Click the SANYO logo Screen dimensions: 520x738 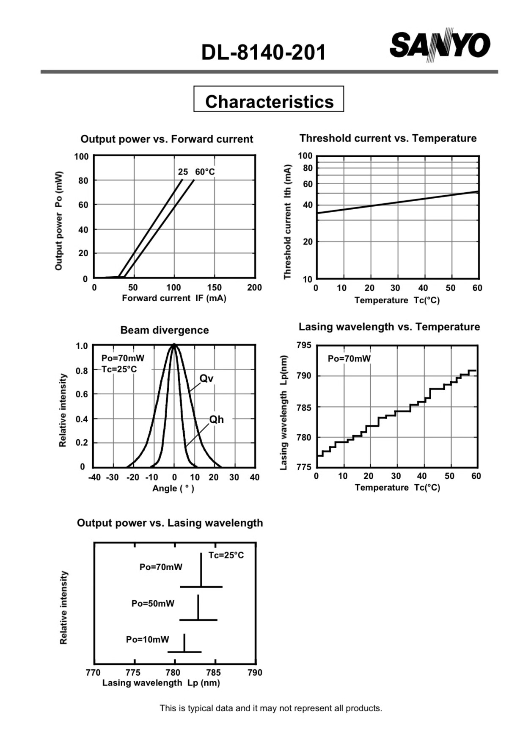click(x=440, y=45)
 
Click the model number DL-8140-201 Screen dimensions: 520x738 click(x=264, y=53)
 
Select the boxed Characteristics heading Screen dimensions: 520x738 click(x=269, y=99)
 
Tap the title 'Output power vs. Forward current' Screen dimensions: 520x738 click(x=167, y=139)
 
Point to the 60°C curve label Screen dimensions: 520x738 click(x=205, y=172)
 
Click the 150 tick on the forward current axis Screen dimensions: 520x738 click(x=214, y=287)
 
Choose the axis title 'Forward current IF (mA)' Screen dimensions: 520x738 click(x=174, y=298)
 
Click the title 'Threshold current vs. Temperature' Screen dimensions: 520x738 click(x=388, y=138)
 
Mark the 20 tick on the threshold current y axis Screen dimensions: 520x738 click(x=308, y=241)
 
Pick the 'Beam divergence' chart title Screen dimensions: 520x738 click(x=165, y=330)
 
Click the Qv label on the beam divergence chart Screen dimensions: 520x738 click(x=206, y=378)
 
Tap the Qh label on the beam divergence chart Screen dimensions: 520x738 click(x=216, y=419)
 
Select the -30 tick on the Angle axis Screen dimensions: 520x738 click(x=112, y=477)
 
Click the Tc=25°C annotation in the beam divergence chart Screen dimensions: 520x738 click(x=119, y=369)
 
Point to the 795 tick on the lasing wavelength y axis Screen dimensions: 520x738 click(x=304, y=345)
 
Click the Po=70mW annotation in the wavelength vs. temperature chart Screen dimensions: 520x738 click(x=349, y=358)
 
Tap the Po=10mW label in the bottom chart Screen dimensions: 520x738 click(x=147, y=639)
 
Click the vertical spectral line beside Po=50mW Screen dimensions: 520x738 click(x=198, y=608)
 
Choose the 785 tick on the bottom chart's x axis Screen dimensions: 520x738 click(x=213, y=672)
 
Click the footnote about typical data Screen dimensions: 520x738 click(x=271, y=708)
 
